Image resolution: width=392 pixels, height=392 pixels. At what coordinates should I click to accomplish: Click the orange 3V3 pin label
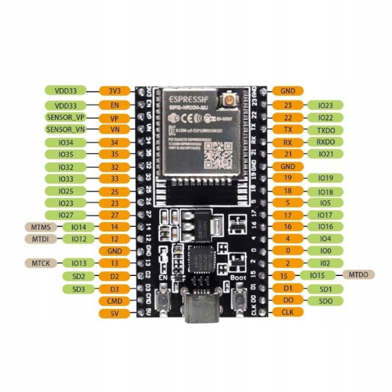(114, 91)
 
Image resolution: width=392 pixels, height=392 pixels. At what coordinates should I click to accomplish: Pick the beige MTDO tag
(359, 274)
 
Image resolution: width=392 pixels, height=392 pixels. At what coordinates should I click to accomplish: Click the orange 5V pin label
(114, 313)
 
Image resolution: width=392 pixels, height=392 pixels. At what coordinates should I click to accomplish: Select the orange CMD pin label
(114, 301)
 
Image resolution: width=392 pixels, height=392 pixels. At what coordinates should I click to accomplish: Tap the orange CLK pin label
(288, 312)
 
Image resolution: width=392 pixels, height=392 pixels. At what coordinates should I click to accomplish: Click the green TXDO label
(325, 130)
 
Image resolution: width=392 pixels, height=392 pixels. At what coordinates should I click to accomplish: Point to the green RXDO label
(325, 142)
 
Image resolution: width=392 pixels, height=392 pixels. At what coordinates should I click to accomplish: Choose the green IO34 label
(66, 143)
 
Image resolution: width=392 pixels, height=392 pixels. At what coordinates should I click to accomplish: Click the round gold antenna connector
(228, 101)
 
